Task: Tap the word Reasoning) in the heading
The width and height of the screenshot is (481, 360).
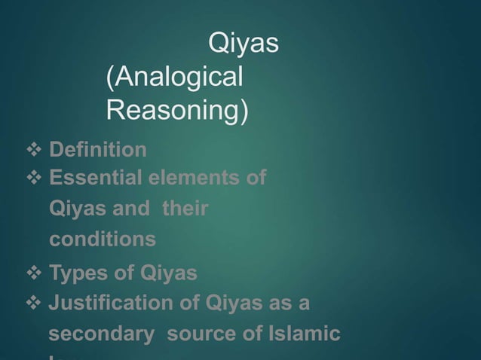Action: point(176,110)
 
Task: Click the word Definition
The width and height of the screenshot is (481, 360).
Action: point(98,150)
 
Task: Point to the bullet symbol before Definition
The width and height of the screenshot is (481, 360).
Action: point(34,150)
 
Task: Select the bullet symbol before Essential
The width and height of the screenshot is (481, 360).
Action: point(34,178)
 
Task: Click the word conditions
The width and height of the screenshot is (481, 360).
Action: point(103,239)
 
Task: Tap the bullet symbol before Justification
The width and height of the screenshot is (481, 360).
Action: point(34,304)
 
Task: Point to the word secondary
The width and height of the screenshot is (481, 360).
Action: point(97,334)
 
